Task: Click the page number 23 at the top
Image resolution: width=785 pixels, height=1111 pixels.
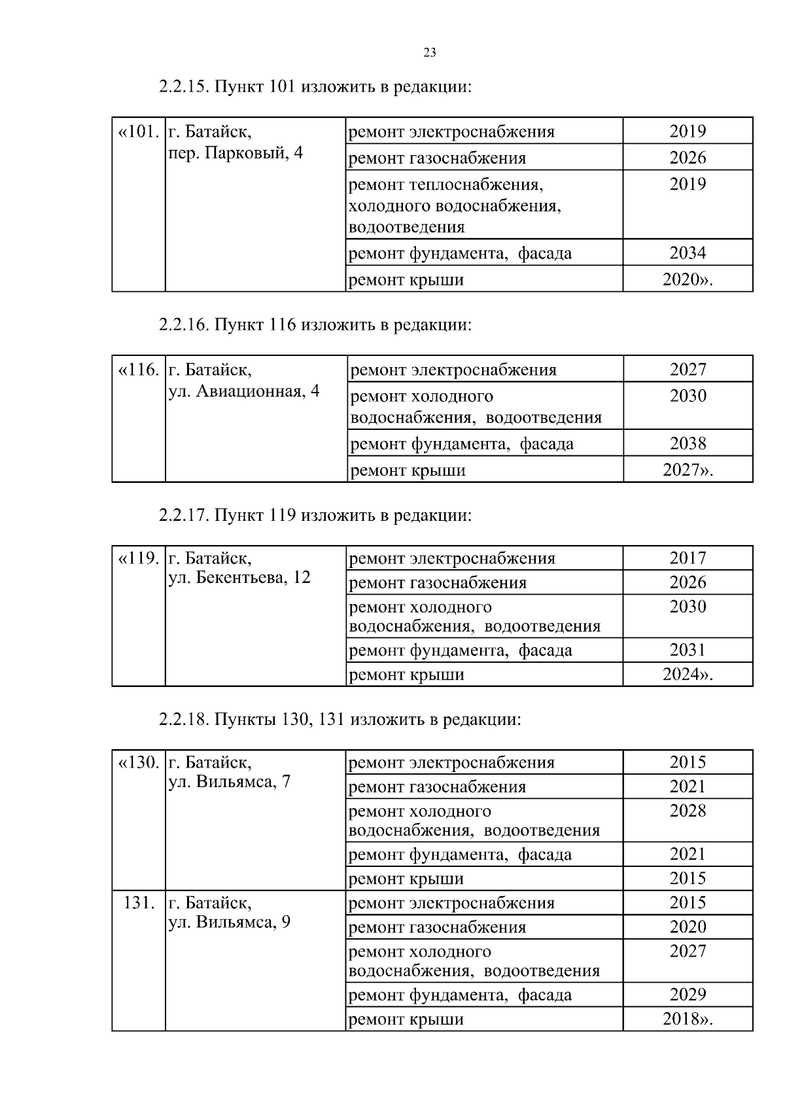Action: [430, 53]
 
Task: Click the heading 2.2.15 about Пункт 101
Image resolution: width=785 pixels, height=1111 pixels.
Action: [315, 87]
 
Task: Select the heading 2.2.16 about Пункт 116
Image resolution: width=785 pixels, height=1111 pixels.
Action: [315, 325]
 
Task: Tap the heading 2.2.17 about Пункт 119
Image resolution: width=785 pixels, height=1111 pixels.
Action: [315, 516]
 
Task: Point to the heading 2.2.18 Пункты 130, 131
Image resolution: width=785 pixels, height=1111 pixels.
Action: [340, 720]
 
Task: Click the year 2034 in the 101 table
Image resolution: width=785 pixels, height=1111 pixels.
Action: [688, 253]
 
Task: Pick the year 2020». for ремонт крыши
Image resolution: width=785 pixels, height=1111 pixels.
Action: [688, 280]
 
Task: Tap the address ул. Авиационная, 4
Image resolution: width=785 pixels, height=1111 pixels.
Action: [244, 391]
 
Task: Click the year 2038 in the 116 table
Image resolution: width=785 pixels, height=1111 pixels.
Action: [688, 444]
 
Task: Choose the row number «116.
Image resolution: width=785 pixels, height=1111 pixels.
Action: [139, 370]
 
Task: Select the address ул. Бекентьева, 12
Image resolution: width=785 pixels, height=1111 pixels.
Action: [239, 578]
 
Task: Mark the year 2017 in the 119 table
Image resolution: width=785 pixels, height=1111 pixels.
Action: [688, 558]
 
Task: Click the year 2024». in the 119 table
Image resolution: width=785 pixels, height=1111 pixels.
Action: [688, 675]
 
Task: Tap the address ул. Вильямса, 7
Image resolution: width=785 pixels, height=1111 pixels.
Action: [230, 782]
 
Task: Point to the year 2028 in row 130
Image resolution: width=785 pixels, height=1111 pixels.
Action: [688, 811]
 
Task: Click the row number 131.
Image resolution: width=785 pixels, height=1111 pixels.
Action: [139, 903]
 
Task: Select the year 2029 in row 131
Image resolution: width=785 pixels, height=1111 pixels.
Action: [688, 995]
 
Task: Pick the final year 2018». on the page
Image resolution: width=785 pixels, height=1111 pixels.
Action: [688, 1019]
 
